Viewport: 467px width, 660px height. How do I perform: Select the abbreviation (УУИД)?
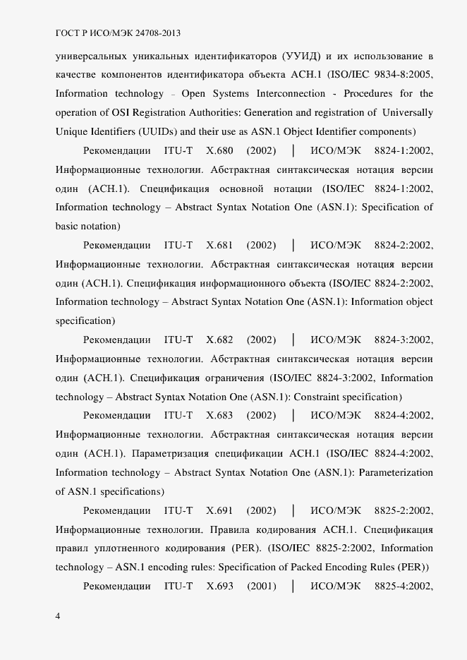[x=302, y=56]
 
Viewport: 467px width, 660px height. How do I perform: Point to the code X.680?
[x=219, y=150]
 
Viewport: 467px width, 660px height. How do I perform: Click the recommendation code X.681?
[x=219, y=245]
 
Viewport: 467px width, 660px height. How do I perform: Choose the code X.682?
[x=219, y=340]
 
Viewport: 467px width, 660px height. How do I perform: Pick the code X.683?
[x=219, y=416]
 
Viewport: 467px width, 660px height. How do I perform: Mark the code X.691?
[x=219, y=510]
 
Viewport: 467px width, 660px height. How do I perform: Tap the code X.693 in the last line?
[x=219, y=586]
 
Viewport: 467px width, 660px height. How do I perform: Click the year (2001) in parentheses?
[x=261, y=586]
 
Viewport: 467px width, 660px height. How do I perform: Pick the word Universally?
[x=407, y=112]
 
